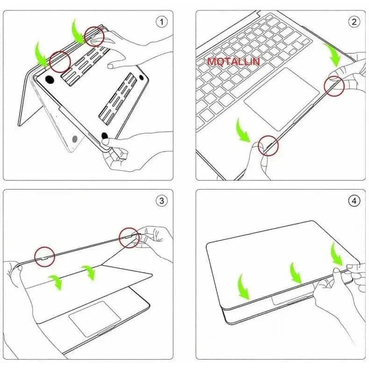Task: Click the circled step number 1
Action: tap(162, 21)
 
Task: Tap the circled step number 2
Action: tap(354, 21)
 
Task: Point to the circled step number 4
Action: tap(354, 201)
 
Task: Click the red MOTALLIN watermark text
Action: tap(234, 62)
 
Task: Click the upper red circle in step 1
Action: tap(94, 36)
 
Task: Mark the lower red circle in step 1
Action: tap(60, 61)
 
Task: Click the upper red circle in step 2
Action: tap(334, 86)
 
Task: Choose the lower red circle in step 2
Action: tap(269, 146)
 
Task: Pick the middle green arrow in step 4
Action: tap(295, 273)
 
